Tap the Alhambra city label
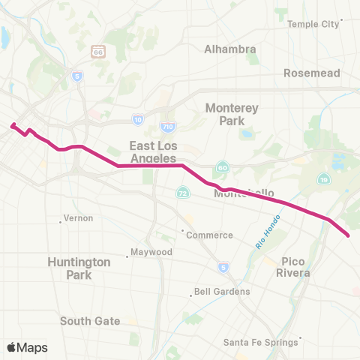[x=230, y=49]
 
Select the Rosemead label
[x=311, y=73]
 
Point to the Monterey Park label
[x=232, y=114]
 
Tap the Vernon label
[x=78, y=218]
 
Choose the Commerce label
[x=209, y=235]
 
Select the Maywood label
[x=151, y=252]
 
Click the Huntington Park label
[x=79, y=268]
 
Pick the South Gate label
[x=90, y=321]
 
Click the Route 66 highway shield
[x=97, y=51]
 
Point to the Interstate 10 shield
[x=138, y=119]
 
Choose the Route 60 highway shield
[x=223, y=166]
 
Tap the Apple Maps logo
[x=27, y=347]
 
